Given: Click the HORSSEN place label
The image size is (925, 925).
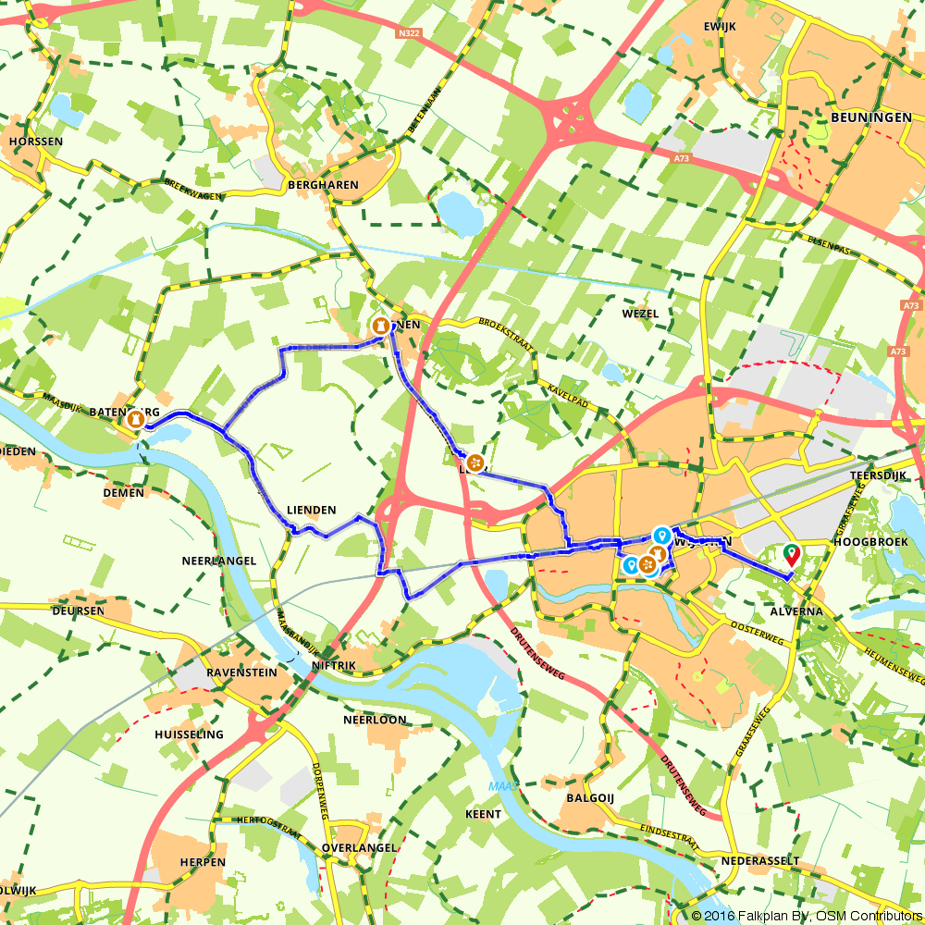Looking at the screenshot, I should click(x=36, y=142).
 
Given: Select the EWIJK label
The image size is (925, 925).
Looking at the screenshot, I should click(x=719, y=27).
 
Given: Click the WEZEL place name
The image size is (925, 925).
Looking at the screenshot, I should click(x=640, y=314).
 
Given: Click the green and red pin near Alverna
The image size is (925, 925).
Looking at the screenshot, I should click(x=791, y=554).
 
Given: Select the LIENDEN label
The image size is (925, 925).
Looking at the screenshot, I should click(x=311, y=511).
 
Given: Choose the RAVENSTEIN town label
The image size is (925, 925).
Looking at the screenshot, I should click(x=241, y=672).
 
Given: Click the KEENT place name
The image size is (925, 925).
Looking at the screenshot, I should click(x=485, y=814).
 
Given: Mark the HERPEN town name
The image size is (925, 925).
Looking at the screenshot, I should click(x=203, y=862).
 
